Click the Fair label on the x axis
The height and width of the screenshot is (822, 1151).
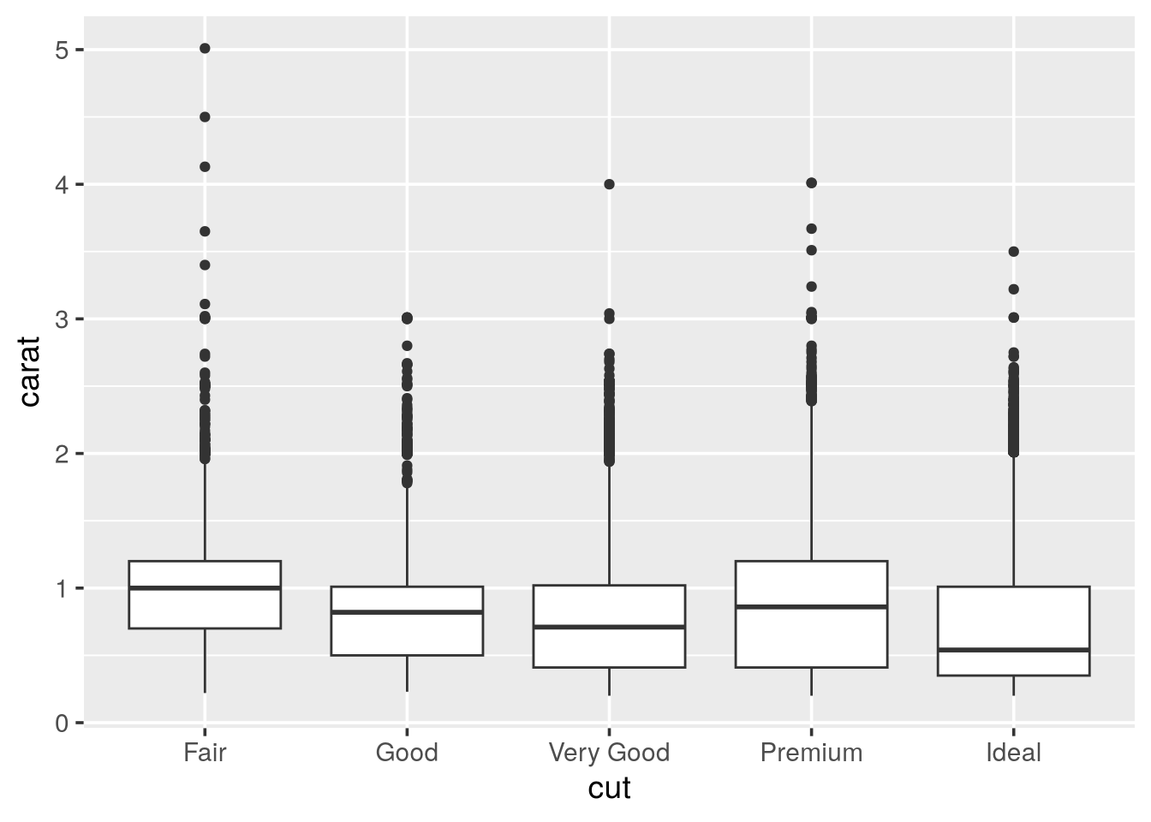(205, 753)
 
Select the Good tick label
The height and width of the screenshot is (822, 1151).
(407, 753)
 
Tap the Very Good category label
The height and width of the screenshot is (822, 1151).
(609, 753)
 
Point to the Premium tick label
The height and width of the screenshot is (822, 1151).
(811, 753)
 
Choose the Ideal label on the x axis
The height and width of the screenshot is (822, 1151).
(1013, 753)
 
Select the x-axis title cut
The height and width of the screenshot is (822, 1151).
(609, 788)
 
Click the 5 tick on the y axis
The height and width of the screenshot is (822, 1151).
(62, 50)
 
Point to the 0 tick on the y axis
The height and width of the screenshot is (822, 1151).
(62, 723)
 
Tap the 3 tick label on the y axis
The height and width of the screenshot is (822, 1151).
(62, 319)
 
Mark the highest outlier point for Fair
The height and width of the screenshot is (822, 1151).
(205, 49)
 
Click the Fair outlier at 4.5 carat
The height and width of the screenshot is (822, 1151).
(205, 116)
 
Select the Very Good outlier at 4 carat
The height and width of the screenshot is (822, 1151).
(609, 184)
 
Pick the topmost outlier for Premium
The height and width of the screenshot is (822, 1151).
(811, 182)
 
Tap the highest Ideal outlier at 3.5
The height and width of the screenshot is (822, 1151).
(1013, 252)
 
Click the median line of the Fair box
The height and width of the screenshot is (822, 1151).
(205, 588)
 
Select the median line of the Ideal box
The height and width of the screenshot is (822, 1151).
(1013, 650)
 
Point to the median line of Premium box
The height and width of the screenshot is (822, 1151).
(811, 607)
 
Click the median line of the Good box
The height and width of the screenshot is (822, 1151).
(407, 612)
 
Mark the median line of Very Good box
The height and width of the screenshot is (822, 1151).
(609, 627)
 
